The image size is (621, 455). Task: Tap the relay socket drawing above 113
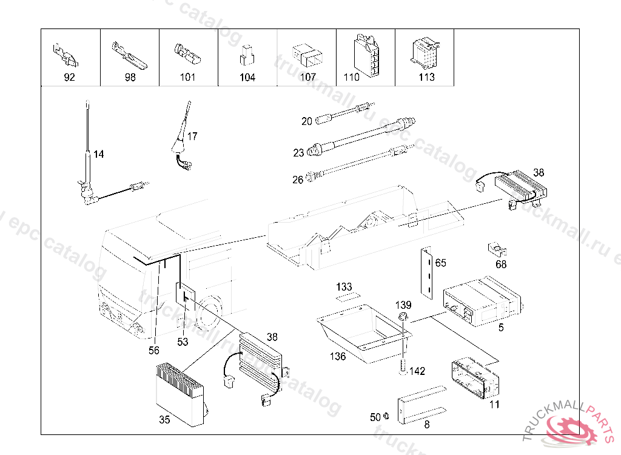point(426,53)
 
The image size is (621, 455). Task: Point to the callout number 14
point(99,155)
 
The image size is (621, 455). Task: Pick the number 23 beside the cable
point(298,153)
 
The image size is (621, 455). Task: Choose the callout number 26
point(298,180)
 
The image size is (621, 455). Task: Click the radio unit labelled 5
point(482,301)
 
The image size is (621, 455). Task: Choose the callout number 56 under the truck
point(155,350)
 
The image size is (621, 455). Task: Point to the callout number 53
point(183,342)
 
